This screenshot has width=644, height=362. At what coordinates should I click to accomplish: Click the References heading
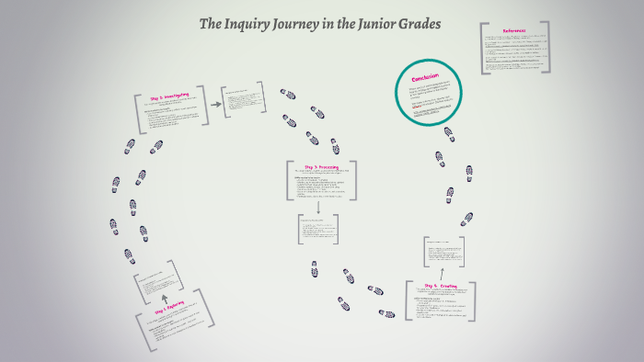point(515,31)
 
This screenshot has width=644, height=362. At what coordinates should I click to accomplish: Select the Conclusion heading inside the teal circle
point(425,77)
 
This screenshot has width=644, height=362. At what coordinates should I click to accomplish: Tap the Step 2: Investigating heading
point(168,96)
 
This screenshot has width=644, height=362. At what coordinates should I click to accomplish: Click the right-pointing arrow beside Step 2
point(216,104)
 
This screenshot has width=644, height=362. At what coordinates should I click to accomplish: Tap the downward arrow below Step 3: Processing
point(317,207)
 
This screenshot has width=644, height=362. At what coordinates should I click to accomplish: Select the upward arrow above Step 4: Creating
point(443,273)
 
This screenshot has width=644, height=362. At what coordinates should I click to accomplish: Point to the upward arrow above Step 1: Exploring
point(165,298)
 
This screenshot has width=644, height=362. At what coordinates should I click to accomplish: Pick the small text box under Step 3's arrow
point(317,231)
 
